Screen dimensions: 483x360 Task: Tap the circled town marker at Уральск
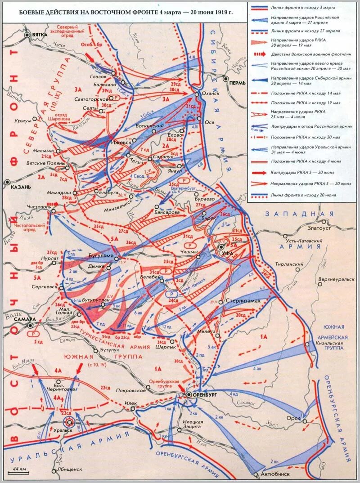(x=69, y=422)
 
